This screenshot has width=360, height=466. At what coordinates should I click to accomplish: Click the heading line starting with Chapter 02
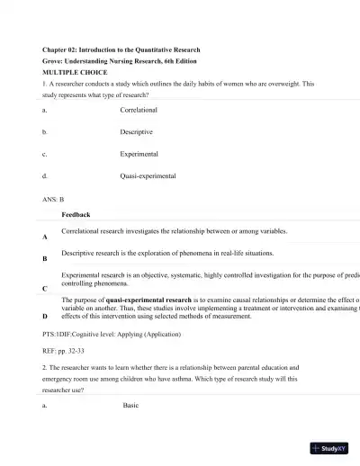tap(121, 49)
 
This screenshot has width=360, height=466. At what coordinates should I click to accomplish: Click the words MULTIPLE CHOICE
tap(76, 71)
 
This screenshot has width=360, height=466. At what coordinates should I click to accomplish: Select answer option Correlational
tap(139, 110)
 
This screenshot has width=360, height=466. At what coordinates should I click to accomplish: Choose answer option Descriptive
tap(137, 132)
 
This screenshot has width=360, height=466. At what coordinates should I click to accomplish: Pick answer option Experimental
tap(139, 154)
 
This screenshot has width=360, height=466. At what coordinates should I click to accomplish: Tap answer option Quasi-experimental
tap(148, 176)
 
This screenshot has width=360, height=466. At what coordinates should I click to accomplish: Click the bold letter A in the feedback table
tap(45, 237)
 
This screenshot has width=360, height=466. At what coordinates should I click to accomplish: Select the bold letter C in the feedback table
tap(45, 289)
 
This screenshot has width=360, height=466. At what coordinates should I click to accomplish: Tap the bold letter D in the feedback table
tap(45, 316)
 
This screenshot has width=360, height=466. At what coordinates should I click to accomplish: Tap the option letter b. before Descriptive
tap(45, 132)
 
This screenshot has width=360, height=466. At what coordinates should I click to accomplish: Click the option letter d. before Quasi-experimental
tap(45, 176)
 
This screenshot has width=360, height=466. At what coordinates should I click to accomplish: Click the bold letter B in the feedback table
tap(45, 259)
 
